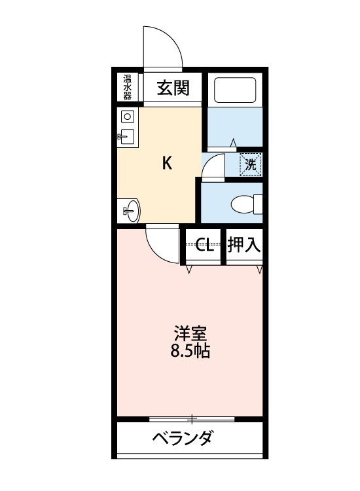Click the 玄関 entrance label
pyautogui.click(x=173, y=87)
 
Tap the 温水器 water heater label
pyautogui.click(x=127, y=87)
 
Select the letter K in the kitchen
pyautogui.click(x=167, y=163)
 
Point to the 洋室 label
pyautogui.click(x=190, y=333)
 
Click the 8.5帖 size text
pyautogui.click(x=190, y=351)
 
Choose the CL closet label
pyautogui.click(x=204, y=245)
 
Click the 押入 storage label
pyautogui.click(x=244, y=245)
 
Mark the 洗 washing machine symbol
pyautogui.click(x=251, y=164)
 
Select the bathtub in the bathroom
pyautogui.click(x=235, y=90)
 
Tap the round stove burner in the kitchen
pyautogui.click(x=127, y=117)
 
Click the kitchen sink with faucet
pyautogui.click(x=126, y=137)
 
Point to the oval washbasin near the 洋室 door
pyautogui.click(x=132, y=211)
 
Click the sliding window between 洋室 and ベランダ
pyautogui.click(x=192, y=418)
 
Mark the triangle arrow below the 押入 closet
pyautogui.click(x=259, y=269)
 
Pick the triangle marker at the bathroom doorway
pyautogui.click(x=233, y=143)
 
